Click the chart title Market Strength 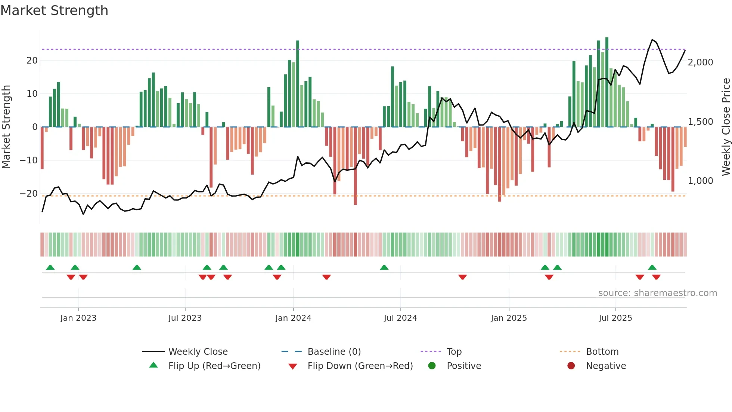click(54, 10)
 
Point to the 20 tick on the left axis click(32, 61)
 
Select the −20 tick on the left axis click(29, 194)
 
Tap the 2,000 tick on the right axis click(700, 62)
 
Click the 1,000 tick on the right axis click(700, 181)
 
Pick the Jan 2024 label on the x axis click(293, 318)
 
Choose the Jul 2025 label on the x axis click(615, 318)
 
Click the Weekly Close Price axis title click(726, 127)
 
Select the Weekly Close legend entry click(198, 352)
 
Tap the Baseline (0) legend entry click(334, 352)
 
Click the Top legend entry click(454, 352)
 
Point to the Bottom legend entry click(602, 352)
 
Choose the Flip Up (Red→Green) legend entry click(214, 366)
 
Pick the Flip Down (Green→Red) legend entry click(360, 366)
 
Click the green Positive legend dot click(432, 366)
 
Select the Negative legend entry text click(606, 366)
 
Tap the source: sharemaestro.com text click(657, 293)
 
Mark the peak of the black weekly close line click(652, 39)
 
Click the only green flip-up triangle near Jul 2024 click(384, 267)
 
